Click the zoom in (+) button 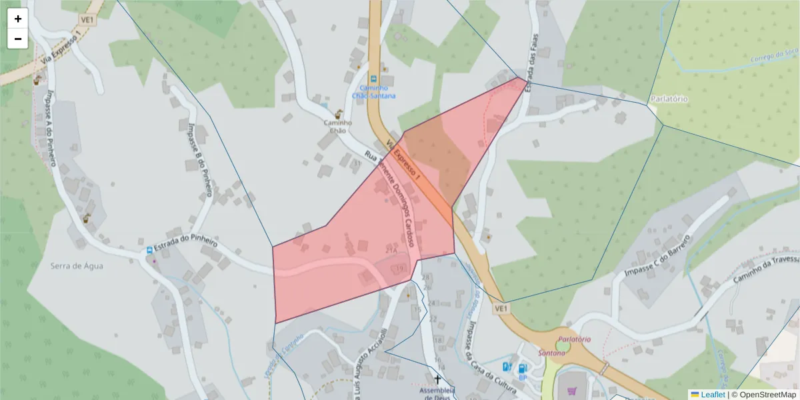[x=18, y=19]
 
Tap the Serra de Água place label [x=77, y=265]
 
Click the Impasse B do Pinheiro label [x=199, y=159]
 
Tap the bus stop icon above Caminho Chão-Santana [x=374, y=78]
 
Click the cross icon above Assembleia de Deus [x=437, y=379]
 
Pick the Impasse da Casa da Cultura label [x=481, y=354]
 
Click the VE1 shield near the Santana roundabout [x=502, y=309]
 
